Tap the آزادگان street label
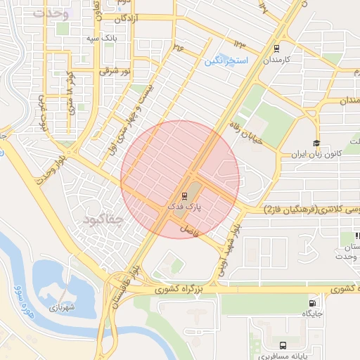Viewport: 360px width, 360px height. point(120,19)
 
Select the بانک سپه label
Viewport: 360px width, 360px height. point(102,37)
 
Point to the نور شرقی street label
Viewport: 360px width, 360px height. point(117,70)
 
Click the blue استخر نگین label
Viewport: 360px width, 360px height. point(226,62)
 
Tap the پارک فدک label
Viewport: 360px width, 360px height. point(184,207)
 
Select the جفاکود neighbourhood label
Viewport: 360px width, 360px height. point(103,221)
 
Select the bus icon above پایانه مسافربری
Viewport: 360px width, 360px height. point(283,345)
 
